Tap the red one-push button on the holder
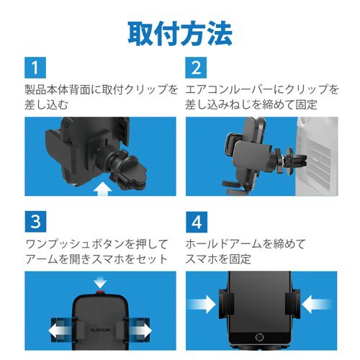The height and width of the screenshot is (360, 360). pos(99,294)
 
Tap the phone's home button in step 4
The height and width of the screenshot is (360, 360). pos(262,338)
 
